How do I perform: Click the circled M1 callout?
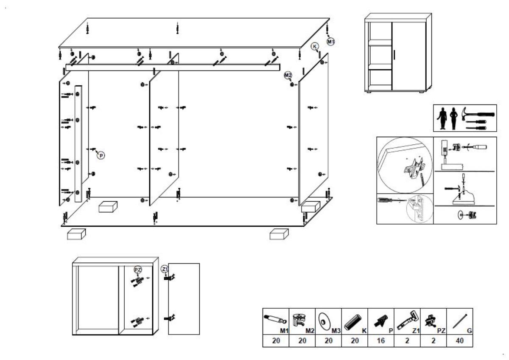(331, 41)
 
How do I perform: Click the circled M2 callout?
(288, 76)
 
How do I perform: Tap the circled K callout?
(315, 46)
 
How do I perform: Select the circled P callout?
(101, 156)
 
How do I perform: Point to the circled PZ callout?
(137, 270)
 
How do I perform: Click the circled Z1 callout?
(165, 269)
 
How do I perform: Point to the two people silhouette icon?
(448, 118)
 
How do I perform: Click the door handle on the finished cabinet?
(394, 55)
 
